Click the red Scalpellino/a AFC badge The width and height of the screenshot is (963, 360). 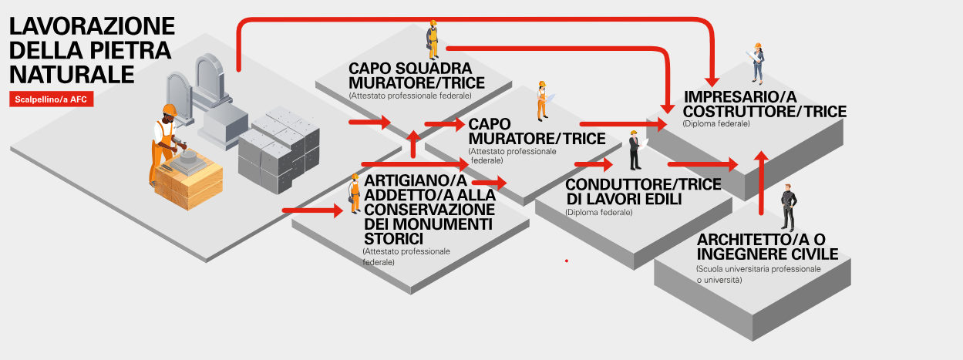[52, 99]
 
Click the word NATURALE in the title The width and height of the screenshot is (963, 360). [72, 75]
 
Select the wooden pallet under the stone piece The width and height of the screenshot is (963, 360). [189, 186]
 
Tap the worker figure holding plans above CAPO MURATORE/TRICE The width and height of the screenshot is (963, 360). [542, 100]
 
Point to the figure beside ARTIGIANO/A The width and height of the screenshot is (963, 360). [355, 193]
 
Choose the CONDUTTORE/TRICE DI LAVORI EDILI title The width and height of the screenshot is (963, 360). [643, 193]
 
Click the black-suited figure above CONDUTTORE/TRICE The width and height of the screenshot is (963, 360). [634, 150]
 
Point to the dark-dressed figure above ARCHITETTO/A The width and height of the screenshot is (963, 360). [787, 207]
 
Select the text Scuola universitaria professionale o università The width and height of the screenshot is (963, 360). [757, 274]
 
